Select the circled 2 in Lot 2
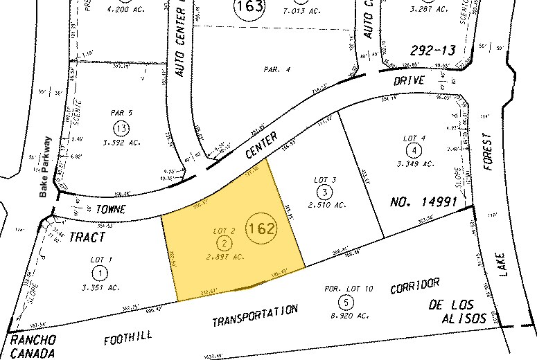click(x=225, y=242)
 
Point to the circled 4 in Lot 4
click(x=414, y=150)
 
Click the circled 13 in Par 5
click(x=122, y=127)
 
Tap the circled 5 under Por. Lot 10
click(x=346, y=301)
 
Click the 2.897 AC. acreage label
click(x=225, y=256)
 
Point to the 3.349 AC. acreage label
click(x=414, y=164)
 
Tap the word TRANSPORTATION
click(x=254, y=316)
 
